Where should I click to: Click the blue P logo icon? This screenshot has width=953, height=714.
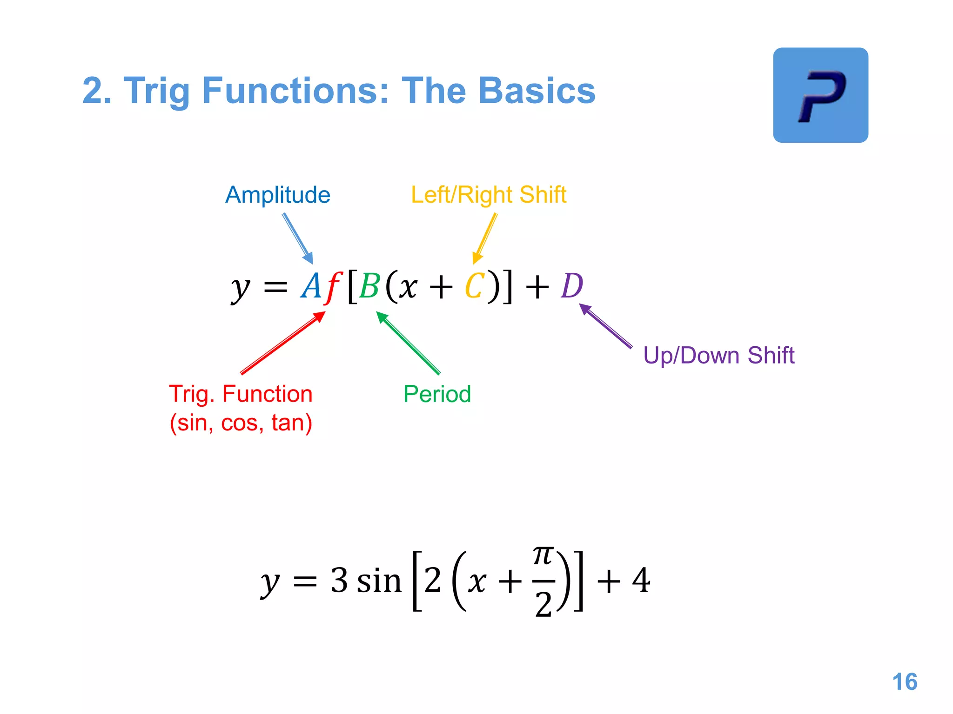point(820,95)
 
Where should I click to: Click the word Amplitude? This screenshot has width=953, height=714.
point(278,195)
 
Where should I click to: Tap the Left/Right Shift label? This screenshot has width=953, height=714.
point(489,195)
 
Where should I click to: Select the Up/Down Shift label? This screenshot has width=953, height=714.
point(718,356)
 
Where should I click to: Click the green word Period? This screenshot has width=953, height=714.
point(437,394)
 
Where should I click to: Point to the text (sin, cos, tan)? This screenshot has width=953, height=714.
point(241,423)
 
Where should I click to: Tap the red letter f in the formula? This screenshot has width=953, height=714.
point(333,287)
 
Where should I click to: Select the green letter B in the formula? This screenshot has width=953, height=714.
point(369,286)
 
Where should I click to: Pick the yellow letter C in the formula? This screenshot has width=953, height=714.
point(475,286)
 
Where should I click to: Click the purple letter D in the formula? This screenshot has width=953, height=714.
point(572,286)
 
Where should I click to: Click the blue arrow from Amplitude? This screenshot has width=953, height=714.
point(298,239)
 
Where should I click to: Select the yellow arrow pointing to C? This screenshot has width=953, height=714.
point(485,238)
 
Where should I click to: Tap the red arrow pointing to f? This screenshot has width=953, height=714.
point(283,343)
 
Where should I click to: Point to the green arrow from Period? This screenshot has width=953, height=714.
point(408,343)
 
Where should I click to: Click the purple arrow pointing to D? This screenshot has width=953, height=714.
point(606,326)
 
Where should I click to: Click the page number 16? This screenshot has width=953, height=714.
point(905,682)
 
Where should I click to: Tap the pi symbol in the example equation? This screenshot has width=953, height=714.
point(543,555)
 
